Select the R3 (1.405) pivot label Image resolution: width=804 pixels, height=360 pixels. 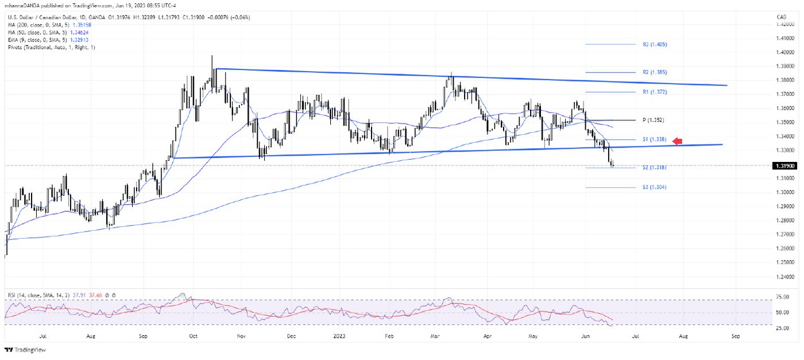(x=654, y=44)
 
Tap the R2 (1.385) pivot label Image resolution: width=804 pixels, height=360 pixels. (x=654, y=72)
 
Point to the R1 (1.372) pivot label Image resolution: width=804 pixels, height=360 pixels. (x=654, y=92)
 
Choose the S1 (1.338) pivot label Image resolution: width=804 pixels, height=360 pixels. (x=654, y=140)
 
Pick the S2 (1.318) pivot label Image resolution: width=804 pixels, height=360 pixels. (x=654, y=167)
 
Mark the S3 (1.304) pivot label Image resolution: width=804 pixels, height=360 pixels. (x=654, y=187)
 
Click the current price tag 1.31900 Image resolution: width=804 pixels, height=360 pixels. (x=784, y=165)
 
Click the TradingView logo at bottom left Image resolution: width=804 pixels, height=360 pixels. (x=25, y=350)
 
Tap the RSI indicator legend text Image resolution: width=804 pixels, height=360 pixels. (x=60, y=295)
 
